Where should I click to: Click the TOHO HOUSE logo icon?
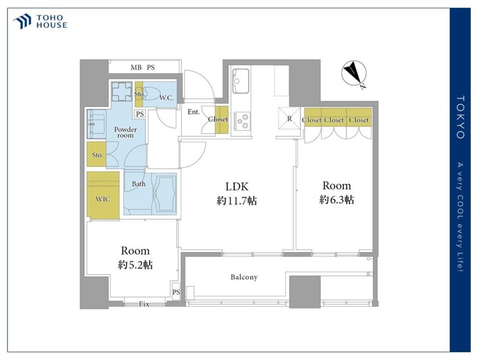[22, 21]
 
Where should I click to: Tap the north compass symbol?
[354, 74]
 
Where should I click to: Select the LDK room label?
[237, 186]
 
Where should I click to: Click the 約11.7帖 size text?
[237, 201]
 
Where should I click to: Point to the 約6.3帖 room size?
[336, 200]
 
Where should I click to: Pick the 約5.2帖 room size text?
[135, 265]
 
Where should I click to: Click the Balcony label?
[244, 277]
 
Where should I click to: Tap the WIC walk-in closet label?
[103, 199]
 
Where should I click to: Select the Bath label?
[139, 184]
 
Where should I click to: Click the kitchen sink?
[240, 81]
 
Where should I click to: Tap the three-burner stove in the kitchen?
[242, 121]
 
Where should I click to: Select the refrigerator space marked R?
[289, 119]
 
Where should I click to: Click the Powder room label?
[125, 132]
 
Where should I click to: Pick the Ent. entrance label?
[193, 112]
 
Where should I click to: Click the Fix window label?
[144, 304]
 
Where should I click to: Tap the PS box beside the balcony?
[176, 292]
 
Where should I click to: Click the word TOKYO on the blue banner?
[460, 117]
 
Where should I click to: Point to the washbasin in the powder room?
[96, 124]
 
